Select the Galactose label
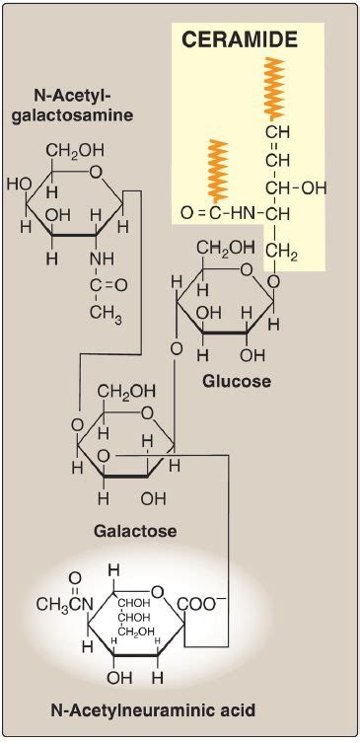(135, 530)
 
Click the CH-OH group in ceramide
(294, 186)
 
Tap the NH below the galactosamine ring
(103, 259)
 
